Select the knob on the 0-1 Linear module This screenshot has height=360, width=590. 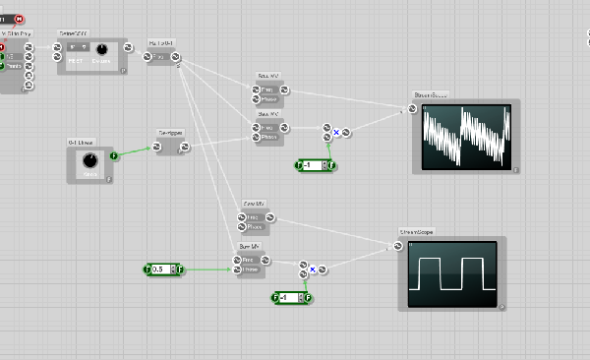(89, 161)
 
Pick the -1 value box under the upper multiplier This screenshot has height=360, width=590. (315, 164)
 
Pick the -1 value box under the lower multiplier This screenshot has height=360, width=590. (290, 297)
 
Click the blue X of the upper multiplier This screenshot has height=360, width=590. (336, 131)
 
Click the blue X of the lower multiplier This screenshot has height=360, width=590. (312, 268)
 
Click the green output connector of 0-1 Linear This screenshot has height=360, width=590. (113, 155)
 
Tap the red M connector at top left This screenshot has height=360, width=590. (19, 18)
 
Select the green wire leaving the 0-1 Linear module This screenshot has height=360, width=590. (135, 151)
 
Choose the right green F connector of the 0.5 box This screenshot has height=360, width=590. (180, 269)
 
